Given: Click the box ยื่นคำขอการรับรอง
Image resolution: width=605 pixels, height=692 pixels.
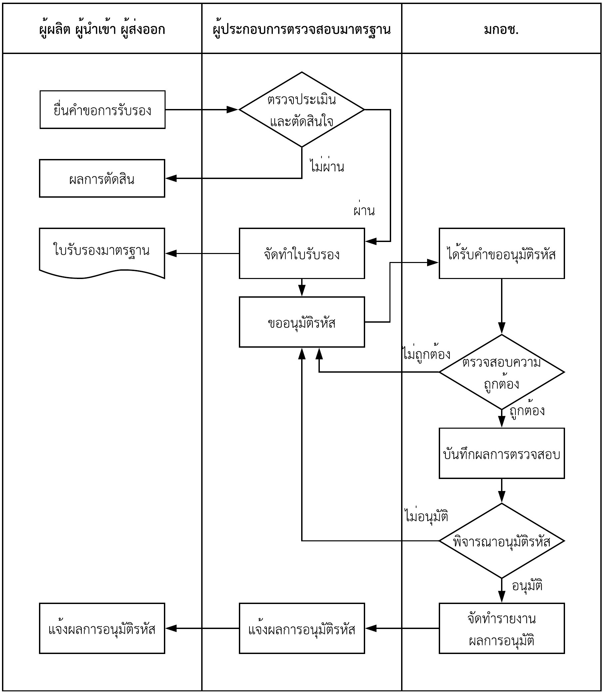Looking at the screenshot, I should [x=102, y=110].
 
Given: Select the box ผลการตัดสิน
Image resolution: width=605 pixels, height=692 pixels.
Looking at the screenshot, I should [x=102, y=178].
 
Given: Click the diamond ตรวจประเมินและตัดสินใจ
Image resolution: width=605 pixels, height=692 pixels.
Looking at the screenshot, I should [x=302, y=110].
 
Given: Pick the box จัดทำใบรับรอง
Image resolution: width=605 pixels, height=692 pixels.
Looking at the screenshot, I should [x=302, y=254].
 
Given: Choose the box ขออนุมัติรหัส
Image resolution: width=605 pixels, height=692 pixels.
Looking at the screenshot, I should [x=302, y=322].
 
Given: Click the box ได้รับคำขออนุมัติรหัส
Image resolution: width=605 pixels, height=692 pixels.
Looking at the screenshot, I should [x=502, y=254].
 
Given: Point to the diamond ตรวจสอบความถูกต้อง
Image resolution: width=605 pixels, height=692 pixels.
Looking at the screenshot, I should [x=502, y=372].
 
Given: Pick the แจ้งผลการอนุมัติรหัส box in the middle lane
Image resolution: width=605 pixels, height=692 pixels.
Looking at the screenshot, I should [x=302, y=629].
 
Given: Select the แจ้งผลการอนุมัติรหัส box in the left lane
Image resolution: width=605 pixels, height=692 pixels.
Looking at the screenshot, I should [x=102, y=629].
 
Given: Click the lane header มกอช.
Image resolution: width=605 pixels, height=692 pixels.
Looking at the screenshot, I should [x=501, y=29].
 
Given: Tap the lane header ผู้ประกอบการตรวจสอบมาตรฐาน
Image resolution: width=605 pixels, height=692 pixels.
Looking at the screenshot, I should [x=302, y=29].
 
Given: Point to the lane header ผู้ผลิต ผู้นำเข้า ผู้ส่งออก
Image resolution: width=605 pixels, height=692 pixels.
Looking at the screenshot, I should [x=102, y=29].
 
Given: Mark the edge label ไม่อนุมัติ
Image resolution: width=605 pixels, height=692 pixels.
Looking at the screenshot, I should [x=426, y=516].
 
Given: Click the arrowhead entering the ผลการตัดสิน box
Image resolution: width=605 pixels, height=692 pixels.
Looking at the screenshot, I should [x=171, y=178].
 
